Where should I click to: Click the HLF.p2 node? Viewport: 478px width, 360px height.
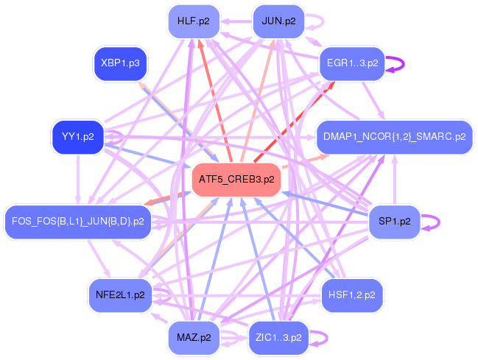pos(193,21)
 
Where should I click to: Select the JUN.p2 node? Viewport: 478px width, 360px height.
pos(278,21)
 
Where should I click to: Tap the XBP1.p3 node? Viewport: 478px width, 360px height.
pos(120,63)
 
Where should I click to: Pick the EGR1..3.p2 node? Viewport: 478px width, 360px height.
pos(353,63)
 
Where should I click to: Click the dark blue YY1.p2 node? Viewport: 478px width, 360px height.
pos(77,137)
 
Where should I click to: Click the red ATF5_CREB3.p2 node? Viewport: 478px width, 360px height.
pos(236,179)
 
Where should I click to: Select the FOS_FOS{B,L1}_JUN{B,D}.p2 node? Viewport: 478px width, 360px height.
pos(78,221)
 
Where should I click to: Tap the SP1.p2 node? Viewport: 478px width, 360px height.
pos(394,221)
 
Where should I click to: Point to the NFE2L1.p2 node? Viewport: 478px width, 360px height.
pos(120,295)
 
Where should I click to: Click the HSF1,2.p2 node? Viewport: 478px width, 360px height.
pos(353,295)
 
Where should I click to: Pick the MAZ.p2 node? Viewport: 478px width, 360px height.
pos(194,337)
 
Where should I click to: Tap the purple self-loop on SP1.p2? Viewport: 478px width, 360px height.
pos(435,222)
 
